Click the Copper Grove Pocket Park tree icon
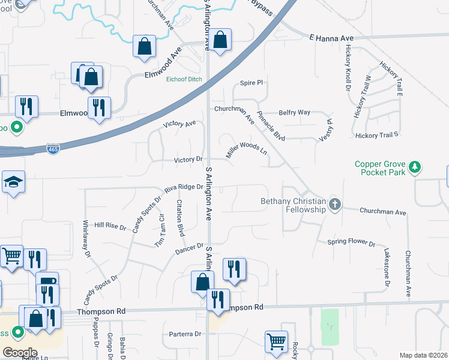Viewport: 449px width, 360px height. pos(414,167)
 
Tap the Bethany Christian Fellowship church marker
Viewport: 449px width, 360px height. pos(335,205)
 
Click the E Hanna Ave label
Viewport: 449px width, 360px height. pos(331,38)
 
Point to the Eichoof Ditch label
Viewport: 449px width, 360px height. pos(184,79)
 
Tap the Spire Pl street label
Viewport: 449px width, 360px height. pos(252,83)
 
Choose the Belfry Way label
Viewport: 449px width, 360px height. pos(294,112)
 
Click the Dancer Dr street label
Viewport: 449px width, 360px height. pos(190,248)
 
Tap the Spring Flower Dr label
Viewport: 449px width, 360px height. pos(351,244)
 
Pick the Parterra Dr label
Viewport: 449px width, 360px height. pos(184,334)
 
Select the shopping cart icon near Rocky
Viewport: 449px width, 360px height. pos(276,341)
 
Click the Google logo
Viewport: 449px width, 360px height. pos(19,353)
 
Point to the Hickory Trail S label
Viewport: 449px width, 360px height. pos(377,136)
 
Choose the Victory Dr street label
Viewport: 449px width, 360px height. pos(188,160)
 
